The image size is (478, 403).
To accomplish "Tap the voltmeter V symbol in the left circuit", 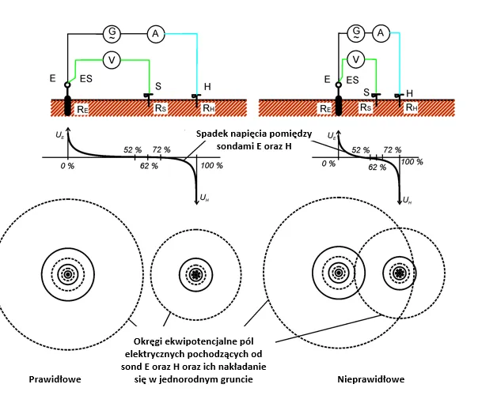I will click(114, 58).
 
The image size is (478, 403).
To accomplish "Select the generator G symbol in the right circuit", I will click(357, 32).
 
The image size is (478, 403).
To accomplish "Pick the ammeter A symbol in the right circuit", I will click(381, 32).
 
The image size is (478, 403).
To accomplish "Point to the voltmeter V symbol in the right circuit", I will click(358, 58).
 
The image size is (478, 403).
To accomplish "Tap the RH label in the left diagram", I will click(208, 108).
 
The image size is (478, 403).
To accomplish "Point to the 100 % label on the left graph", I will click(213, 166).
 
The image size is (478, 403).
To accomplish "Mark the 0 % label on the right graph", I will click(328, 164).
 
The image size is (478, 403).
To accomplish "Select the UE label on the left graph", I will click(60, 137).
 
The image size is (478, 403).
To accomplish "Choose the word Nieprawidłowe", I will click(371, 379).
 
